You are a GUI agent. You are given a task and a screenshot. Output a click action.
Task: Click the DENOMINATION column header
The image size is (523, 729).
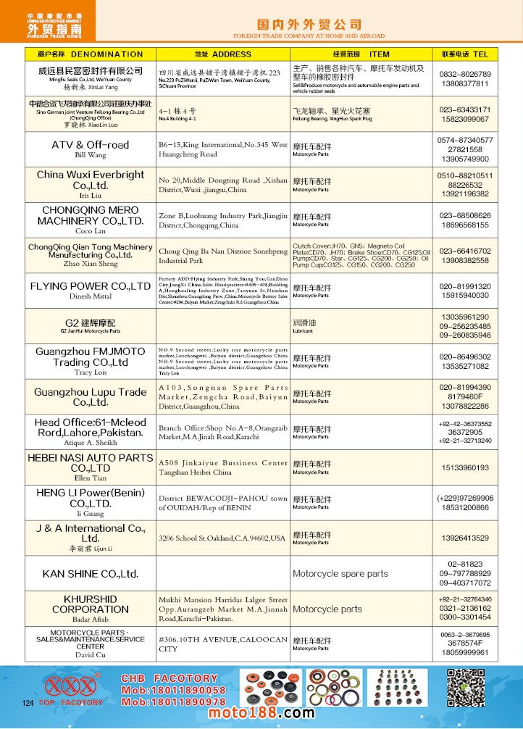click(x=90, y=54)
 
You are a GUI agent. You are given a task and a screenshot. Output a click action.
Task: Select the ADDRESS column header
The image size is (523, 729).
click(x=223, y=54)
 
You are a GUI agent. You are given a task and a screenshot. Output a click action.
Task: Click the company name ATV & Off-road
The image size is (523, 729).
click(x=91, y=145)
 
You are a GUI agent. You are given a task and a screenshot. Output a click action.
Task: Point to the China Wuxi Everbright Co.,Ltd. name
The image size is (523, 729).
click(x=91, y=180)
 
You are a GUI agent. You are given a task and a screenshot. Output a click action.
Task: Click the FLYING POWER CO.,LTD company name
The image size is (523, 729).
click(x=91, y=286)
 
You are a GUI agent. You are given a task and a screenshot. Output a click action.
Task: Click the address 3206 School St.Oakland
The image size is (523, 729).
click(x=222, y=538)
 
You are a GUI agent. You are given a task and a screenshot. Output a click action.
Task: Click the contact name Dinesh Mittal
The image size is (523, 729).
click(x=91, y=296)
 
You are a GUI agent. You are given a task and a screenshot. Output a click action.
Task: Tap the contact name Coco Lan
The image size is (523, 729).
click(x=91, y=231)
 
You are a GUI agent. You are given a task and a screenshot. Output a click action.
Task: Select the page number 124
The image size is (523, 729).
click(x=29, y=704)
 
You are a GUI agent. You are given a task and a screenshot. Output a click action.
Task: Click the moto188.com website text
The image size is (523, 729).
click(x=261, y=713)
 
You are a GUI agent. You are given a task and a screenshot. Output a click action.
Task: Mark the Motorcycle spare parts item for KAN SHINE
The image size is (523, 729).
click(x=340, y=574)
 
